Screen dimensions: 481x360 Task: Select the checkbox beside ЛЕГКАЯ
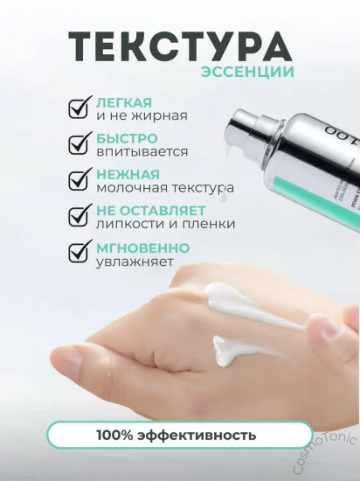(x=80, y=108)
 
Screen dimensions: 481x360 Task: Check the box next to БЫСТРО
(x=80, y=143)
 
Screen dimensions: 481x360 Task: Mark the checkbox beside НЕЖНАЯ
(x=80, y=179)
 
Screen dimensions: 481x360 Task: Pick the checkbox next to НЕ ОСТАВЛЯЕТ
(x=80, y=216)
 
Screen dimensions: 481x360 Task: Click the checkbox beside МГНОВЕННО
(x=80, y=252)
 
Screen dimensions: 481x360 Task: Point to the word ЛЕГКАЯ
(x=121, y=101)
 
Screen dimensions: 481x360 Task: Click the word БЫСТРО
(x=127, y=137)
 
